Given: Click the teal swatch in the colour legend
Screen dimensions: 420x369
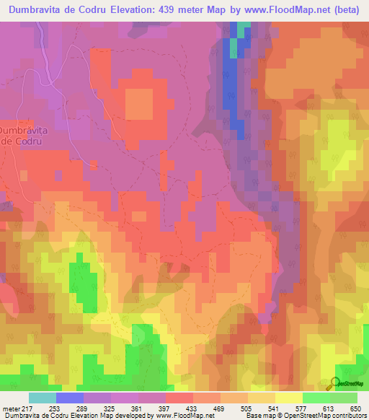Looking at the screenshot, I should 43,398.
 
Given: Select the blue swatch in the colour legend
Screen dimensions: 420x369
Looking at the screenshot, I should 70,398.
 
